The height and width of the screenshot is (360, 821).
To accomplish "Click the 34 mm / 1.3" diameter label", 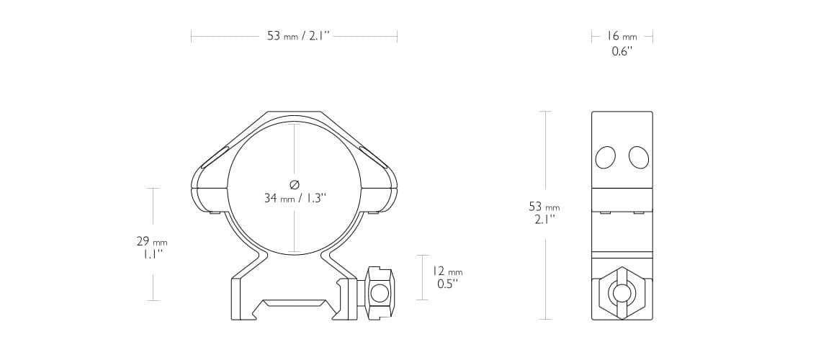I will [295, 198].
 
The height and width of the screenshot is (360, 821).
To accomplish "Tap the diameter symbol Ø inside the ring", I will [294, 184].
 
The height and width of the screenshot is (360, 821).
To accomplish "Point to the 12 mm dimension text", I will [447, 271].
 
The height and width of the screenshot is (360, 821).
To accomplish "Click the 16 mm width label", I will [622, 36].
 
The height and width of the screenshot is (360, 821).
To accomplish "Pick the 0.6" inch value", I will [622, 52].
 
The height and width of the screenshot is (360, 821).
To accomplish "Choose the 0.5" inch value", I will [447, 284].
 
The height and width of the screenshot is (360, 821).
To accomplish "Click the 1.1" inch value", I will [153, 254].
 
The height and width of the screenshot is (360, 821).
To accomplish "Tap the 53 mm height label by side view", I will [544, 207].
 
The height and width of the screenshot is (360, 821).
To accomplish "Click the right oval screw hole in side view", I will [638, 157].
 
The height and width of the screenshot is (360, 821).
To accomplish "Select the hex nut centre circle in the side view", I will [622, 292].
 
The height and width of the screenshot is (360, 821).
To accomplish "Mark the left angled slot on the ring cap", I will [215, 157].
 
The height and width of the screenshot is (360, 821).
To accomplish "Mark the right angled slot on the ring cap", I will [374, 157].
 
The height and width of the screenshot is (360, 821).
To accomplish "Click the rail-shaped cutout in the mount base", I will [295, 305].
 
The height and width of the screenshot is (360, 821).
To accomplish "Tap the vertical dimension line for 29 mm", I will [153, 209].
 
